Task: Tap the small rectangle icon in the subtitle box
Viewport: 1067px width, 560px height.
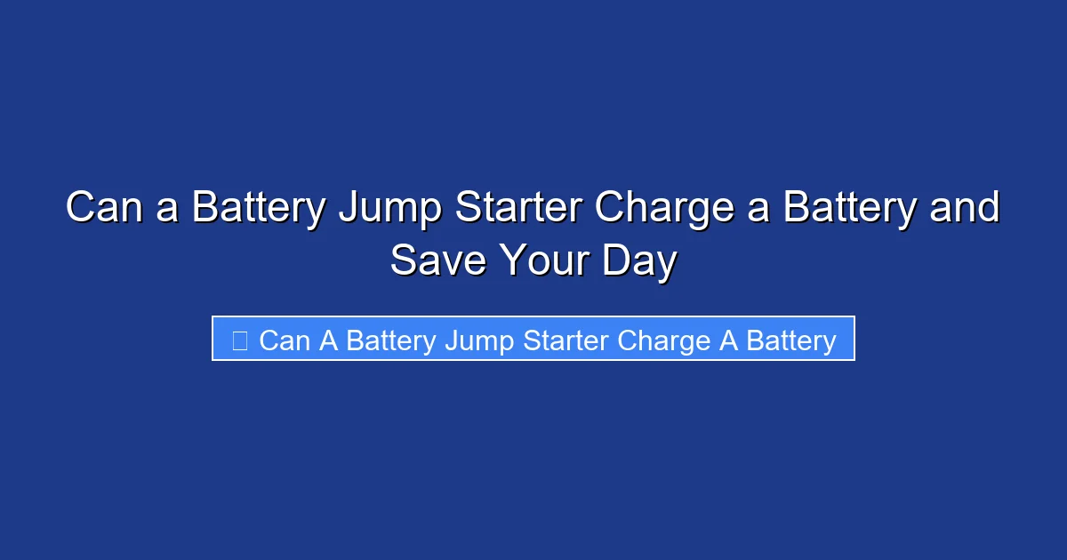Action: click(x=239, y=340)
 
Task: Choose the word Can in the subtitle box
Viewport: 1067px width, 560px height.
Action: click(x=284, y=340)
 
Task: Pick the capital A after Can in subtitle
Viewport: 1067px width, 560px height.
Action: click(x=328, y=340)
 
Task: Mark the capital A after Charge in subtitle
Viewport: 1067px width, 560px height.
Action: click(x=727, y=340)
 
